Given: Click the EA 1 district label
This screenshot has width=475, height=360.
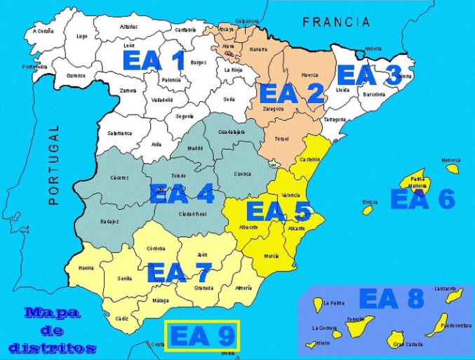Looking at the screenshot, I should pyautogui.click(x=154, y=60).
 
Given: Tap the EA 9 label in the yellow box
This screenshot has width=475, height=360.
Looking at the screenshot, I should pyautogui.click(x=202, y=336).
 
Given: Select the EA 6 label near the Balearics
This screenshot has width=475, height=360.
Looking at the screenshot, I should pyautogui.click(x=422, y=199).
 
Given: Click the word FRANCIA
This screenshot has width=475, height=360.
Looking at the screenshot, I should pyautogui.click(x=336, y=22).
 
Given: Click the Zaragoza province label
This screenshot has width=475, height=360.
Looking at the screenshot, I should pyautogui.click(x=274, y=109).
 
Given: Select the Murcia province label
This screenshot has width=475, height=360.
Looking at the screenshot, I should pyautogui.click(x=272, y=257).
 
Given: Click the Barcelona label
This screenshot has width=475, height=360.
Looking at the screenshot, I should pyautogui.click(x=374, y=93).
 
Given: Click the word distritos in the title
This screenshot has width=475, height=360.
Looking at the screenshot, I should pyautogui.click(x=53, y=347).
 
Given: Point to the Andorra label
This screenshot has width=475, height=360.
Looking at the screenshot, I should pyautogui.click(x=373, y=48).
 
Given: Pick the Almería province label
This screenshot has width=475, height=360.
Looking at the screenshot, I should pyautogui.click(x=243, y=288).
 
